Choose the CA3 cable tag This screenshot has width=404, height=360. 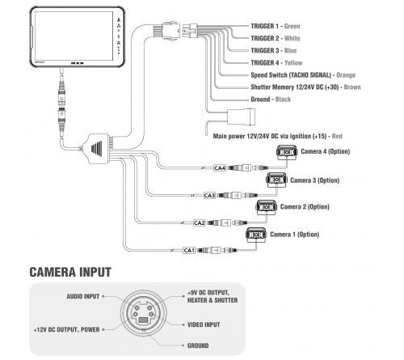209,195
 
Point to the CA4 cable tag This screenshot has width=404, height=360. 219,167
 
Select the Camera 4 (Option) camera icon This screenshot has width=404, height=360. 287,152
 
